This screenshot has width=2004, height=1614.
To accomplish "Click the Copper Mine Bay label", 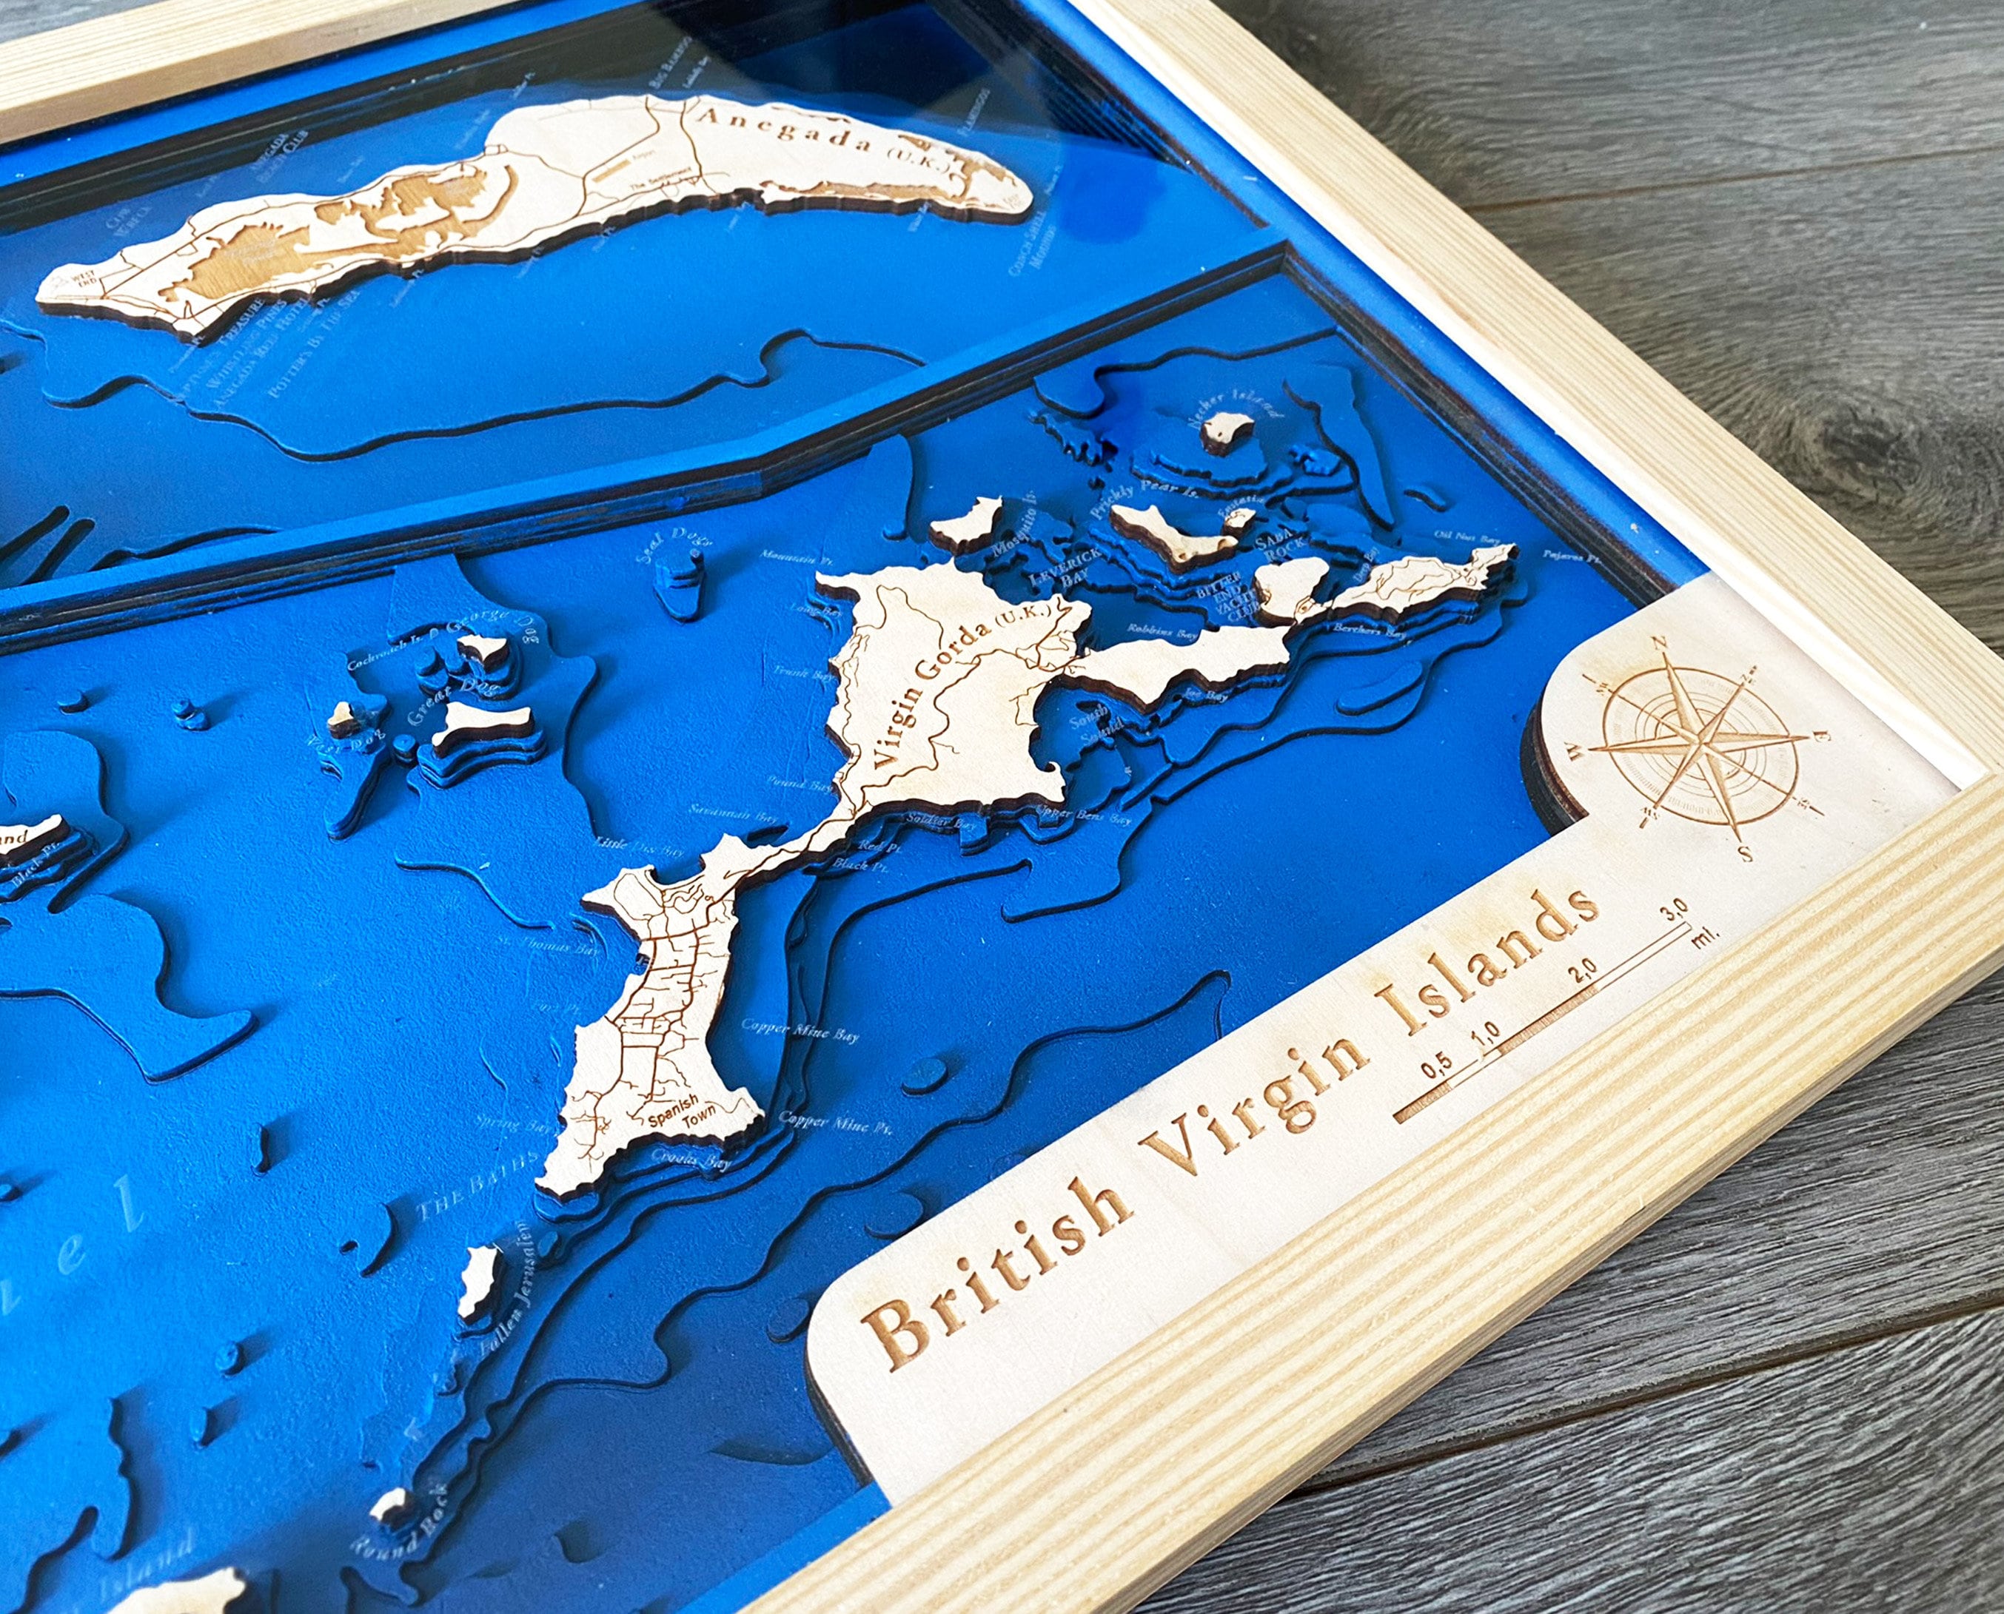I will tap(800, 1029).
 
